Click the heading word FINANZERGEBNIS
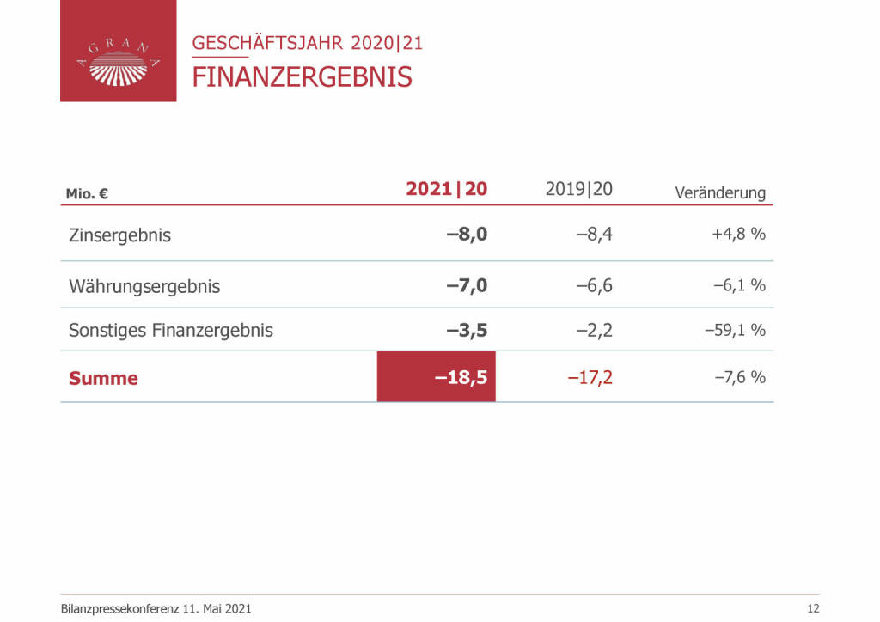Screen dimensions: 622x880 tap(302, 76)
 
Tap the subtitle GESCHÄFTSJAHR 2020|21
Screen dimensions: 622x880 tap(308, 42)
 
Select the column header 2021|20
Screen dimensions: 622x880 tap(446, 189)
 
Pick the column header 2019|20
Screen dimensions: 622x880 tap(578, 189)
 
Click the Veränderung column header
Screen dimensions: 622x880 tap(720, 192)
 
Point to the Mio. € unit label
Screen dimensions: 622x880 tap(87, 194)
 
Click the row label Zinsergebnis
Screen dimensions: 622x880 tap(119, 235)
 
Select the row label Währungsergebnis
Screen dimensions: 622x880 tap(144, 287)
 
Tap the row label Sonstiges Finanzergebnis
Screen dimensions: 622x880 tap(171, 330)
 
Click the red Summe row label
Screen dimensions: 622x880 tap(103, 378)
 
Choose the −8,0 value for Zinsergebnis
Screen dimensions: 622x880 tap(467, 234)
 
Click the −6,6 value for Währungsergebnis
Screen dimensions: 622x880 tap(594, 285)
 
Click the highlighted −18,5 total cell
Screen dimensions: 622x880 tap(437, 376)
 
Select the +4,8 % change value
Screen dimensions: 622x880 tap(738, 234)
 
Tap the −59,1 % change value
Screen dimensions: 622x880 tap(735, 329)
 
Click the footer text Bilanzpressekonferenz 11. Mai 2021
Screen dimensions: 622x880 tap(156, 608)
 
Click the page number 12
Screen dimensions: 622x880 tap(814, 608)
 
